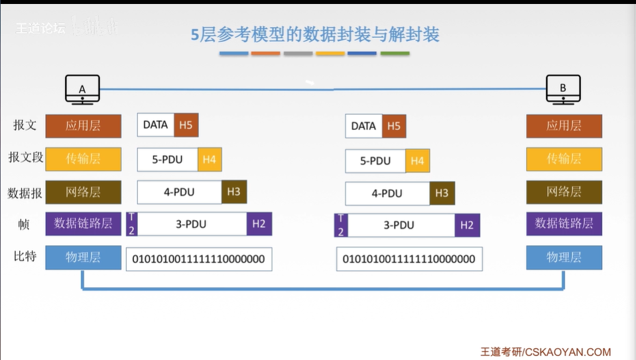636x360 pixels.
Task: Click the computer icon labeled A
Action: pos(83,89)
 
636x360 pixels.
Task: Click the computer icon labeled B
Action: pos(563,89)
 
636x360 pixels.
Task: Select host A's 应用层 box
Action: pos(84,126)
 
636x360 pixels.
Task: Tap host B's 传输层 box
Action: pos(564,159)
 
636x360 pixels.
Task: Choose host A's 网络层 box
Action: pos(84,192)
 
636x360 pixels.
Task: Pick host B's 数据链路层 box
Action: pos(564,224)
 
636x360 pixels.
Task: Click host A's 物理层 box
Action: pos(84,257)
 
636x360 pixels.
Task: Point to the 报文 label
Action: pos(25,125)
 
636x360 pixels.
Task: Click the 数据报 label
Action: pos(25,193)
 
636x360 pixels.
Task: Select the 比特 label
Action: pos(25,257)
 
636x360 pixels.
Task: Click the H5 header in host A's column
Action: pos(186,125)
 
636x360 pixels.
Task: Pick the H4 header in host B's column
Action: pos(417,160)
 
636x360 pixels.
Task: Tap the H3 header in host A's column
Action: pos(233,192)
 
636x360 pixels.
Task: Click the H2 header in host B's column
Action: pos(467,225)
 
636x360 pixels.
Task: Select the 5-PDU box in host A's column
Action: pos(167,159)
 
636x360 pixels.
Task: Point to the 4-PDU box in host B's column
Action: pos(387,194)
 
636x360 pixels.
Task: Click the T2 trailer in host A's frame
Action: pos(131,224)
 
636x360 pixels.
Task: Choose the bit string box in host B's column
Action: pos(409,259)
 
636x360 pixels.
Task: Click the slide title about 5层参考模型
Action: pos(315,34)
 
